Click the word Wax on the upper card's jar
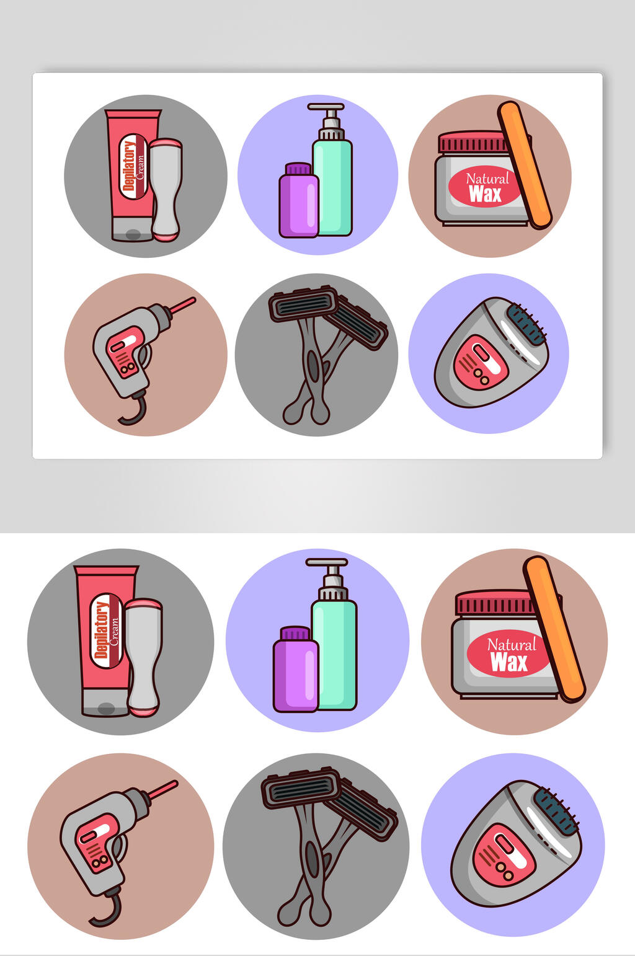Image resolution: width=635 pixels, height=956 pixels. tap(485, 194)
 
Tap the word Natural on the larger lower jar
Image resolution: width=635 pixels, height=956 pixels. tap(512, 645)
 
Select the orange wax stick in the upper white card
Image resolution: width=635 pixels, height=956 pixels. tap(525, 165)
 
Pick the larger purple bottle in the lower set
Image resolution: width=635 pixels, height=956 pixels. tap(296, 669)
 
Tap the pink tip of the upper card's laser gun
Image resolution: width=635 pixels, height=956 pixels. tap(184, 305)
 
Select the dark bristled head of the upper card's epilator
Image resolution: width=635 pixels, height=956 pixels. tap(528, 324)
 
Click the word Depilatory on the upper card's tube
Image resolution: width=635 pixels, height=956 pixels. tap(129, 166)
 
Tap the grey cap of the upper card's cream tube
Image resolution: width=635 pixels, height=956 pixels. tap(132, 229)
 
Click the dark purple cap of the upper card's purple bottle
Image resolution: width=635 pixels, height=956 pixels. tap(298, 168)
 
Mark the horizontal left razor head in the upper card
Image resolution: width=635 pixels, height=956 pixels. tap(303, 303)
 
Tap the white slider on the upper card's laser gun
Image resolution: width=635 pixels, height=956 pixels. tap(124, 343)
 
